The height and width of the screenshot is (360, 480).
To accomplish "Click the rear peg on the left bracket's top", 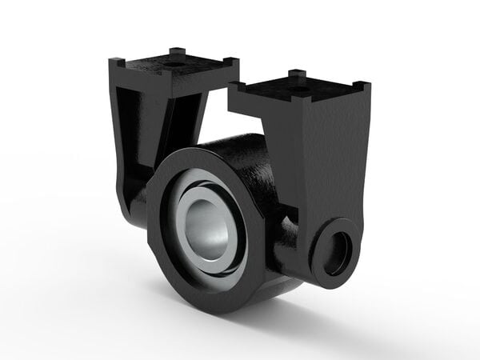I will pyautogui.click(x=177, y=53).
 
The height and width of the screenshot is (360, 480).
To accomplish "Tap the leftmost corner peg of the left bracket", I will pyautogui.click(x=117, y=62).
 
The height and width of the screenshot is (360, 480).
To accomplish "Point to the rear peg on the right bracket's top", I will pyautogui.click(x=297, y=74).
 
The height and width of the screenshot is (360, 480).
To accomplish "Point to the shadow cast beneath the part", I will pyautogui.click(x=320, y=320).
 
